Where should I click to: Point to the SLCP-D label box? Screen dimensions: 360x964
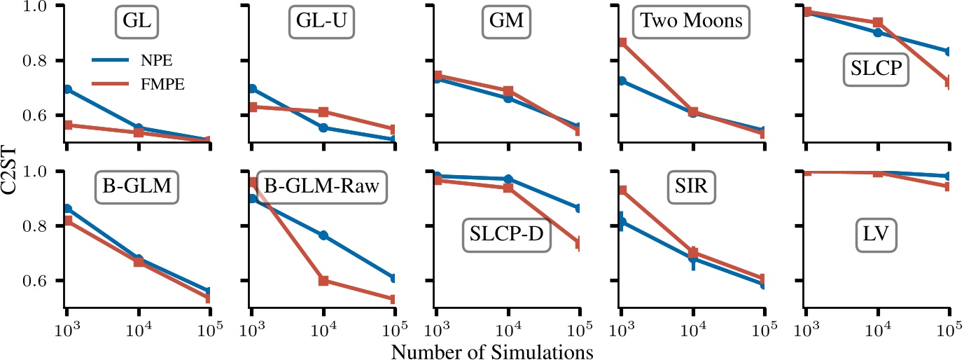(x=507, y=236)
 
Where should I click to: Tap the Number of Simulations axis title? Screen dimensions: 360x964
(x=493, y=350)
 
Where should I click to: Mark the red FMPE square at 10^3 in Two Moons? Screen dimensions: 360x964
(x=621, y=43)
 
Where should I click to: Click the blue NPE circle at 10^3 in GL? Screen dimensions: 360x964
(x=67, y=90)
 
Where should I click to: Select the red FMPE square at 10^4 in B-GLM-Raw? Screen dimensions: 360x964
(x=323, y=281)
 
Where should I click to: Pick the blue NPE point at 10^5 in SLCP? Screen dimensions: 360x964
(x=948, y=52)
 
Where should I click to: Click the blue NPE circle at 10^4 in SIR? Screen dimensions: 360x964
(x=693, y=258)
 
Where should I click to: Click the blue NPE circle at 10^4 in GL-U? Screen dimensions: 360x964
(x=323, y=127)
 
